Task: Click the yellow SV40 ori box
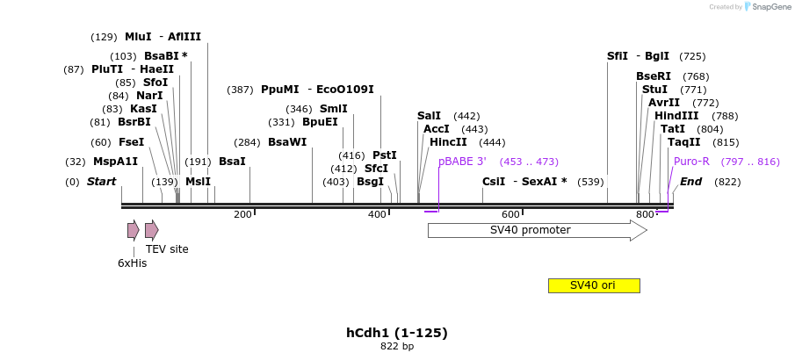click(x=593, y=285)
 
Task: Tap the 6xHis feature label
click(x=133, y=263)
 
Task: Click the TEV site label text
click(x=167, y=249)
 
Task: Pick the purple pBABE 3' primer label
click(x=462, y=162)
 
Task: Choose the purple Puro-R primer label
click(x=691, y=162)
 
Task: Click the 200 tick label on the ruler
click(x=242, y=214)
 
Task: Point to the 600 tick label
click(x=510, y=214)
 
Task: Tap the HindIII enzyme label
click(x=676, y=116)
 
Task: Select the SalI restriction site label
click(x=429, y=116)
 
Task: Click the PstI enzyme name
click(x=385, y=155)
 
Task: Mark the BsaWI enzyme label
click(x=287, y=142)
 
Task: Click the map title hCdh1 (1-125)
click(x=397, y=333)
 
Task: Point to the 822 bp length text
click(x=397, y=346)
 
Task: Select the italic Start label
click(x=101, y=182)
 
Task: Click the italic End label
click(x=690, y=182)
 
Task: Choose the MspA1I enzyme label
click(x=116, y=162)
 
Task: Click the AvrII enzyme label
click(x=664, y=103)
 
